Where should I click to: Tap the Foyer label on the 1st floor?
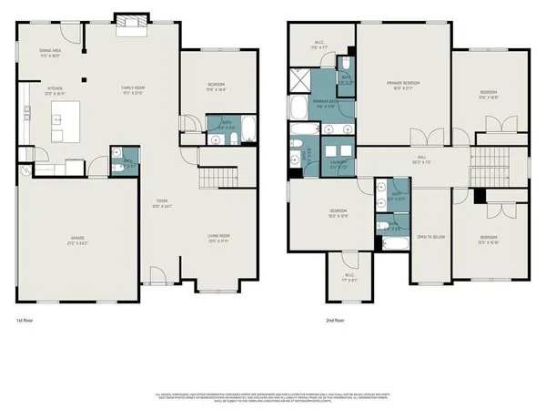pyautogui.click(x=162, y=205)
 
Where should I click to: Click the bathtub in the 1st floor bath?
pyautogui.click(x=219, y=127)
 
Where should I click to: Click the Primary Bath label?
pyautogui.click(x=320, y=103)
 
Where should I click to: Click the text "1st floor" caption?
pyautogui.click(x=26, y=321)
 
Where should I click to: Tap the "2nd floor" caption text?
pyautogui.click(x=336, y=321)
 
